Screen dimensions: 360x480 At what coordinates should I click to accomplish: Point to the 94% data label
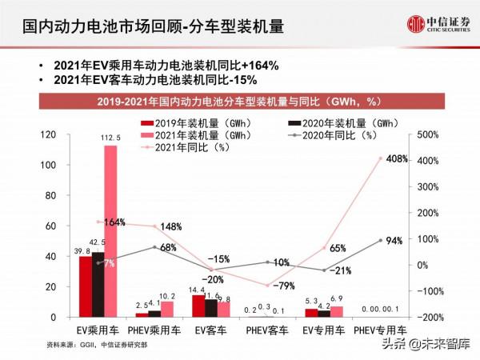point(393,241)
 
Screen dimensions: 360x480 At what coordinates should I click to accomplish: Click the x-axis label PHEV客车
point(267,330)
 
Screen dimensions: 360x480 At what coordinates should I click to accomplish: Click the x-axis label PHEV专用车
point(381,330)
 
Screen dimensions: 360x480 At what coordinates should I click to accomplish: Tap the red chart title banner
point(239,102)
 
